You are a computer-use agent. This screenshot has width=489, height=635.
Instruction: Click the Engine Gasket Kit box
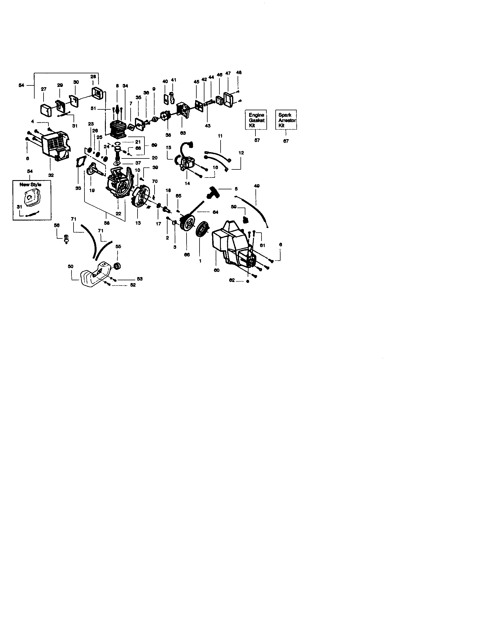(x=256, y=120)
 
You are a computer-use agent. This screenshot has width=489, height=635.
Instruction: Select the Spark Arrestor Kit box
(x=286, y=120)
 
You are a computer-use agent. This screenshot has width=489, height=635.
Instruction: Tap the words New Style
(x=30, y=185)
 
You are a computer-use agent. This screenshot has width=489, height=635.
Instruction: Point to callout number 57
(x=257, y=140)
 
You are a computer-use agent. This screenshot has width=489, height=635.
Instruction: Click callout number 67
(x=286, y=141)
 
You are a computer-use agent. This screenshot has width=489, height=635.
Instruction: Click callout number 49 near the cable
(x=257, y=186)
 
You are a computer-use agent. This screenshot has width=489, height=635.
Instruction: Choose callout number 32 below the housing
(x=51, y=175)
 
